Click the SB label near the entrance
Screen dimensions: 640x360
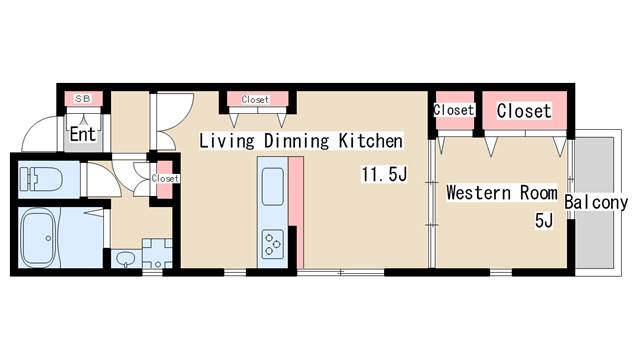83,98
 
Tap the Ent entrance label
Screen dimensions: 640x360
83,134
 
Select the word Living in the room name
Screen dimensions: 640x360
227,141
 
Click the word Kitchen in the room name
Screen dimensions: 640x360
371,141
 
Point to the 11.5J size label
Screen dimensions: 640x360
384,174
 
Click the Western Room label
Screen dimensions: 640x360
502,193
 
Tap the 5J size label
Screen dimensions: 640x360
544,221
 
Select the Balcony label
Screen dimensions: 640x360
596,202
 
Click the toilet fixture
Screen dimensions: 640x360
41,178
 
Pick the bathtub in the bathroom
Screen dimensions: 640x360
39,238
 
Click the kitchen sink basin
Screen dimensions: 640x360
273,187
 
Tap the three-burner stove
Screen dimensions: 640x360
273,244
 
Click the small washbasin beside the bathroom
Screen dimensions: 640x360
125,258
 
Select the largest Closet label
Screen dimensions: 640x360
524,111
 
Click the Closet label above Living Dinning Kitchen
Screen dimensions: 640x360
255,99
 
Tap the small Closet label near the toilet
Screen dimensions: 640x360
165,178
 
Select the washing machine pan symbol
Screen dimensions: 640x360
157,254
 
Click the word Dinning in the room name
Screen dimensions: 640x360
296,141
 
